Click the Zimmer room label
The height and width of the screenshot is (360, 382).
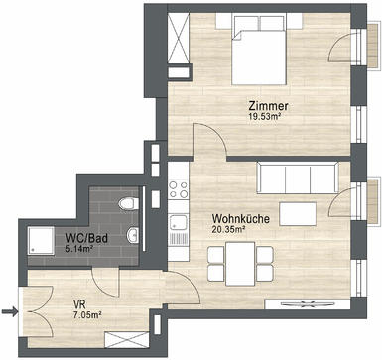[x=269, y=106]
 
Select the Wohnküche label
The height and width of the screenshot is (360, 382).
[x=241, y=219]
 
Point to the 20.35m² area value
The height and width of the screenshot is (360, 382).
[x=228, y=229]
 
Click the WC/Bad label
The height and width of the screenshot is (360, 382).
[x=87, y=238]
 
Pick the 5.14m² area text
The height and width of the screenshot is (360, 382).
[x=78, y=249]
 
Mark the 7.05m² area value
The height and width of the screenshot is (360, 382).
[x=87, y=314]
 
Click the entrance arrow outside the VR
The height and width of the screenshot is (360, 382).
[x=9, y=311]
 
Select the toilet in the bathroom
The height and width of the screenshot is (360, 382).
[x=129, y=203]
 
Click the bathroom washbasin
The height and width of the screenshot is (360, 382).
[x=132, y=235]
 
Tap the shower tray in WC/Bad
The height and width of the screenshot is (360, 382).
[x=41, y=240]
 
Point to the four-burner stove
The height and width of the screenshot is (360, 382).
[x=178, y=189]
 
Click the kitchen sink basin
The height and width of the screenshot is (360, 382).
[x=178, y=223]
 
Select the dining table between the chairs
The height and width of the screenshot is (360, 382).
[x=240, y=264]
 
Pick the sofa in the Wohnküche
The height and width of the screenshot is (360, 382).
[x=298, y=178]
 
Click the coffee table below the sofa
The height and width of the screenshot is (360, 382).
[x=298, y=214]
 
